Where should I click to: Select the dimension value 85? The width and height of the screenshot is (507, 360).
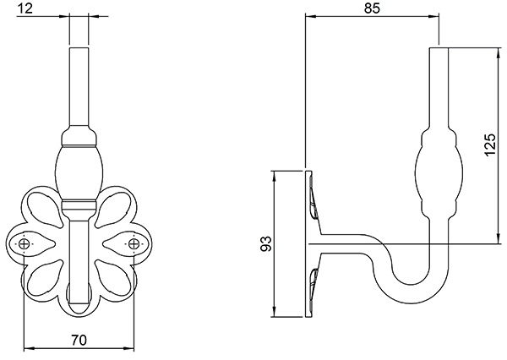(x=371, y=8)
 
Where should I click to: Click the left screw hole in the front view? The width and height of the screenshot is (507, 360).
(x=26, y=244)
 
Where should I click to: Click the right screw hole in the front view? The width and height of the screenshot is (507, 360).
(x=133, y=244)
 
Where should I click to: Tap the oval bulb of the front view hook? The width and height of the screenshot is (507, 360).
(x=79, y=170)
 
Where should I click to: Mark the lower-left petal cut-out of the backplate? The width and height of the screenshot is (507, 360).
(x=43, y=277)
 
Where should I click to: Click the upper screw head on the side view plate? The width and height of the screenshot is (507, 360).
(x=315, y=205)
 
